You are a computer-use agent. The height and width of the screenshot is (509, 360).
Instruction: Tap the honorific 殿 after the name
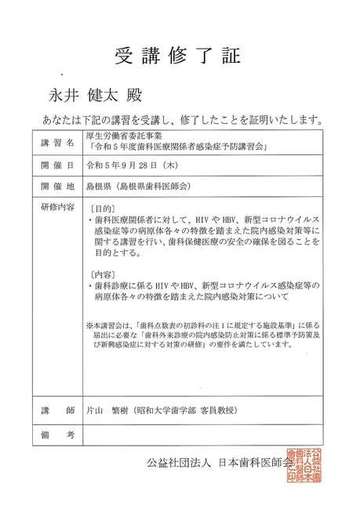click(x=129, y=96)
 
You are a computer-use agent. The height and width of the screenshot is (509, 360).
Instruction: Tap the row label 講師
click(x=56, y=409)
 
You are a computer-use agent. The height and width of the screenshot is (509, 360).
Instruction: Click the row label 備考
click(x=56, y=434)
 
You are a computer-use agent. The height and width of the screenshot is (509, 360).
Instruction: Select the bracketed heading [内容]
click(x=103, y=274)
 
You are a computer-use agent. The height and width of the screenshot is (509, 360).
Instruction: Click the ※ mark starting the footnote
click(x=90, y=323)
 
